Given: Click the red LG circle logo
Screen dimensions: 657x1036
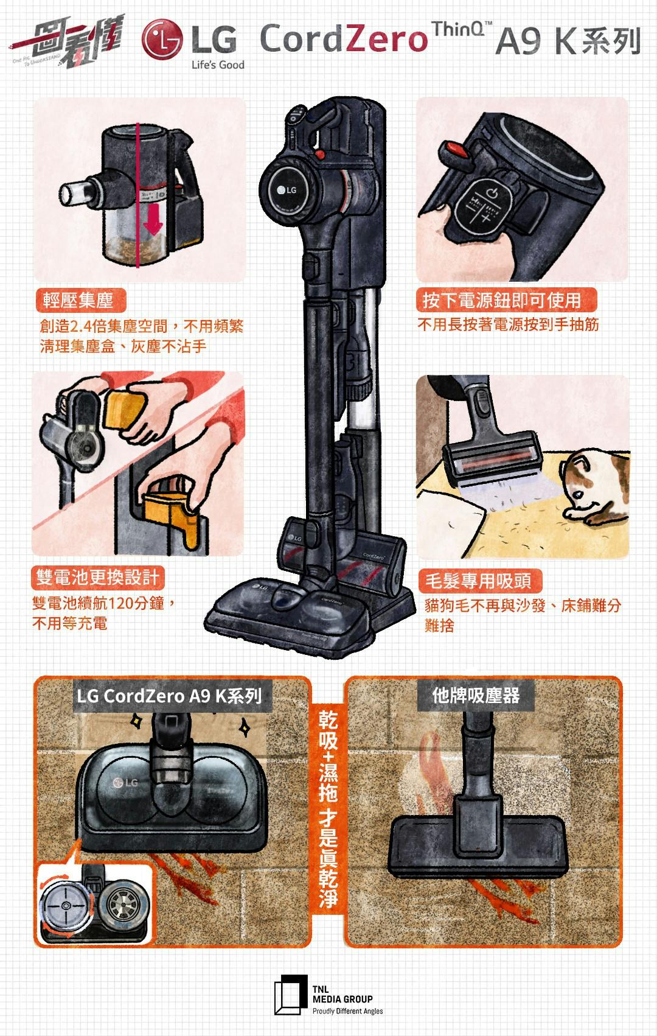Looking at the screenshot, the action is coord(162,39).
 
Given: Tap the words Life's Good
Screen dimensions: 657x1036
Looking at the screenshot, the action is coord(218,65).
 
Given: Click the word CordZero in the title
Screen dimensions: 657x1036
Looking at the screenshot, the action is coord(344,39).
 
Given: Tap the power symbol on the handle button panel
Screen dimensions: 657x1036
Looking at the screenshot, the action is coord(492,193).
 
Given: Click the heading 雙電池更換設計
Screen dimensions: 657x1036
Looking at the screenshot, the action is coord(97,577).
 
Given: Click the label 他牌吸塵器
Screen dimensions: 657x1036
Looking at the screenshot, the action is coord(476,695).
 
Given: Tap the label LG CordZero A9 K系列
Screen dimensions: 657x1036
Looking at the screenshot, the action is coord(169,696).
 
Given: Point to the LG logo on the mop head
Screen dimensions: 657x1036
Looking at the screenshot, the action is coord(125,782).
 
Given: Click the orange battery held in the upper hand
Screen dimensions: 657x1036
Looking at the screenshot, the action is coord(123,407).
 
